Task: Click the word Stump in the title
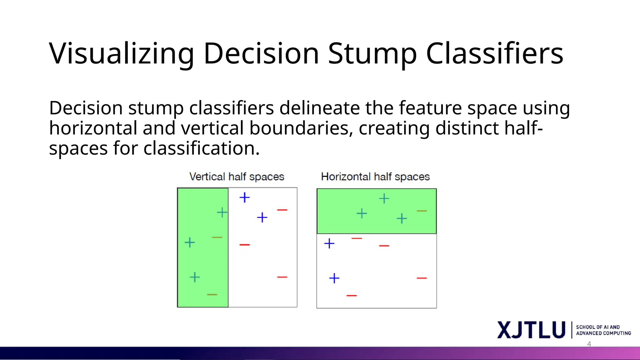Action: coord(372,54)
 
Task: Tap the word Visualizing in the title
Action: coord(122,54)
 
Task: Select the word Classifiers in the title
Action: coord(494,54)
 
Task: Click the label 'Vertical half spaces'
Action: coord(237,177)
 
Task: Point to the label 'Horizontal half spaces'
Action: coord(375,177)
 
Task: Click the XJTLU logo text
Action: coord(531,330)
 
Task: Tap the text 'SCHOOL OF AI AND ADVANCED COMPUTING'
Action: coord(603,330)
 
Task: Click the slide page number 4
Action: coord(589,344)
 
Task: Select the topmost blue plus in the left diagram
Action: coord(245,197)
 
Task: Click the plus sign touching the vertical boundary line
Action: coord(222,212)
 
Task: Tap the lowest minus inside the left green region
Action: coord(212,294)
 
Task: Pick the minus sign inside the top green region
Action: coord(422,211)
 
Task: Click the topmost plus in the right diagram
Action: coord(384,198)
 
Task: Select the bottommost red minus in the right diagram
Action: coord(352,295)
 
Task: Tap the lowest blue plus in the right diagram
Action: coord(334,278)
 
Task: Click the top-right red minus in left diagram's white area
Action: coord(282,210)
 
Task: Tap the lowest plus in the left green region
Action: coord(195,277)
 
